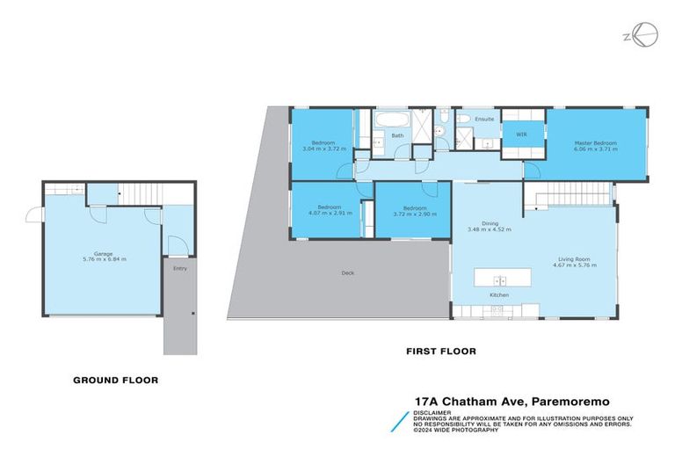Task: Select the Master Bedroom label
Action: pos(595,143)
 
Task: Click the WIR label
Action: pos(521,134)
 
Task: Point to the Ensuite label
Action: pos(484,119)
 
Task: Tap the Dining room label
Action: pos(477,223)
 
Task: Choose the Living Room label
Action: pos(573,259)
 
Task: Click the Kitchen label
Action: pos(499,294)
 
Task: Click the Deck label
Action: pos(348,272)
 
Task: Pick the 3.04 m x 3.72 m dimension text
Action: pos(324,149)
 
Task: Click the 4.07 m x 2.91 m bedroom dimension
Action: pos(323,213)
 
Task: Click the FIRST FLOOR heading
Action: pos(440,352)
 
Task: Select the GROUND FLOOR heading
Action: pos(115,381)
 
